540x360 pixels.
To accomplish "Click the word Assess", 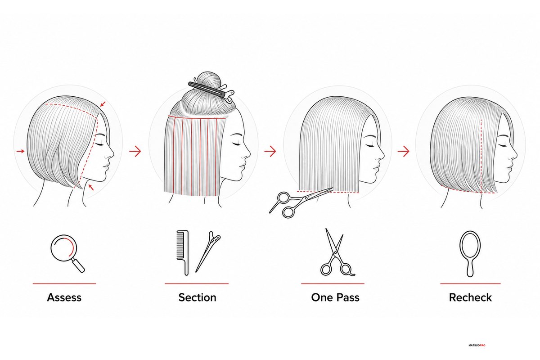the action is pos(64,297).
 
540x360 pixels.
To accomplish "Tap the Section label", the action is pos(197,297).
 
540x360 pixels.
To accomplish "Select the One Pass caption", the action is pos(335,297).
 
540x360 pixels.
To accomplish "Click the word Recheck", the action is pos(470,297).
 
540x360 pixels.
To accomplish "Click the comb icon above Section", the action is pos(183,253).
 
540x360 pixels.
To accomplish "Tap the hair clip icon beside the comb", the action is pos(208,252).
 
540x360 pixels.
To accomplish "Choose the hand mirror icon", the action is pos(470,254).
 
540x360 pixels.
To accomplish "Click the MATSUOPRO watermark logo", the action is pos(477,345).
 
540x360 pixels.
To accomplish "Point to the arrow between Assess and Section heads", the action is pos(135,151).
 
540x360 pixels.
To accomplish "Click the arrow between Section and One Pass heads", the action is pos(270,151).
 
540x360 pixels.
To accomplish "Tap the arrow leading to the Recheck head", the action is pos(404,151).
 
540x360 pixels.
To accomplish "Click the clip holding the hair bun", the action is pos(211,90).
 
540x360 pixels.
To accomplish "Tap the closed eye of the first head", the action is pos(99,144).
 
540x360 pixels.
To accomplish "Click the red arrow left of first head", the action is pos(21,151).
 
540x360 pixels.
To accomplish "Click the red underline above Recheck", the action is pos(470,283).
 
